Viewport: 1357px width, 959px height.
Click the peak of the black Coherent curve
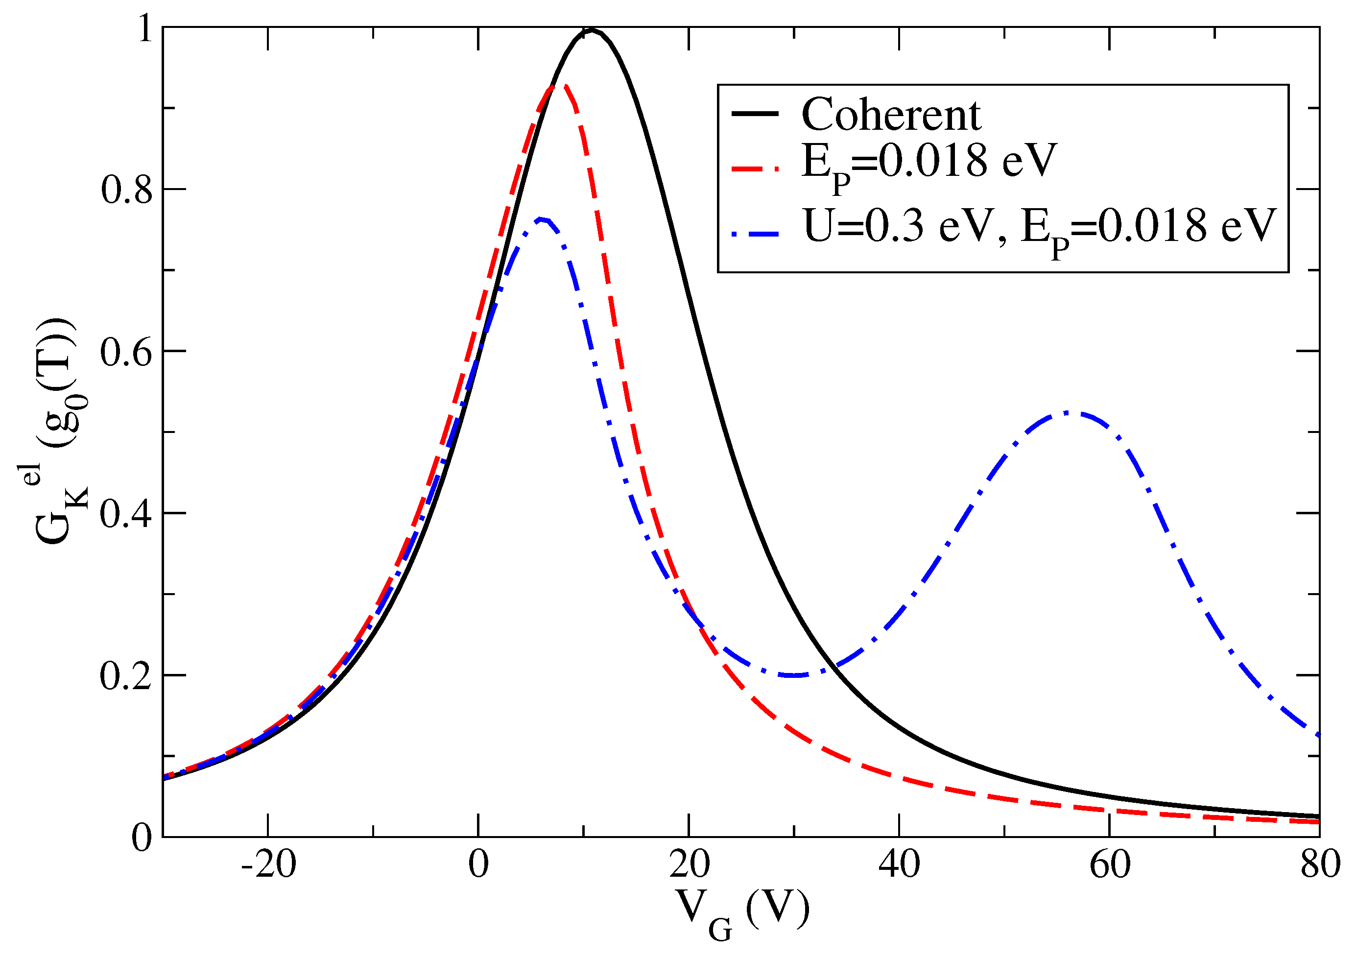click(x=592, y=29)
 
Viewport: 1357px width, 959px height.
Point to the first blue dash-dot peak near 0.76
click(x=541, y=219)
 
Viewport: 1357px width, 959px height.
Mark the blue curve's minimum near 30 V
click(x=795, y=675)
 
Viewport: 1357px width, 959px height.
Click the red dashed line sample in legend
click(x=755, y=168)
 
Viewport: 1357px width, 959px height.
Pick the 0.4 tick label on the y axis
click(x=126, y=514)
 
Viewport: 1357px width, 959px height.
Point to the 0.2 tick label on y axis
click(x=126, y=676)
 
